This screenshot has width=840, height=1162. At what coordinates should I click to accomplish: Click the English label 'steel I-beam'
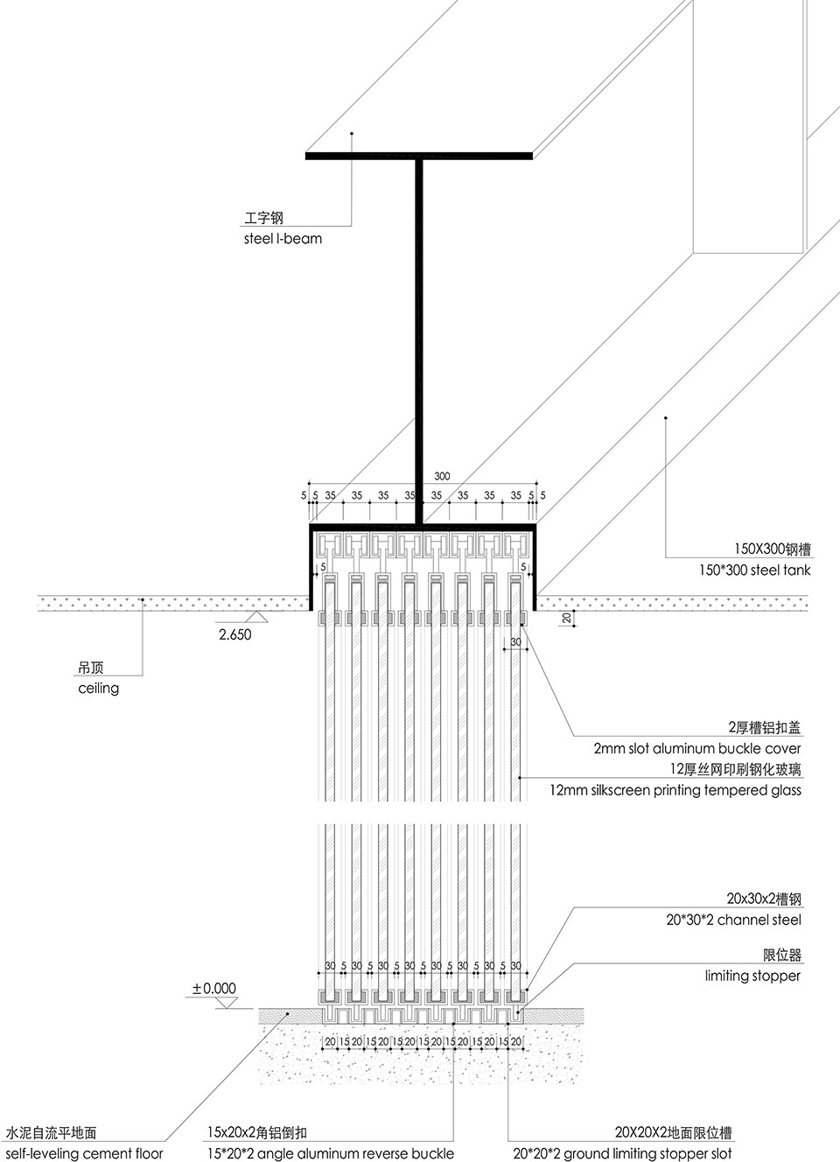click(283, 238)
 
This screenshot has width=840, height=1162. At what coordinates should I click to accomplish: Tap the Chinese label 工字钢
click(264, 218)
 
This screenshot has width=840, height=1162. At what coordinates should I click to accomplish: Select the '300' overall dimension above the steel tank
click(442, 476)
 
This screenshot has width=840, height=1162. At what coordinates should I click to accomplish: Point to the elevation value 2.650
click(234, 634)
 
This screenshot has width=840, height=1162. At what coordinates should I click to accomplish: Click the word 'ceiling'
click(98, 688)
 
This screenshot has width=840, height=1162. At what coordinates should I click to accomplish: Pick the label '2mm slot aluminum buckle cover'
click(696, 748)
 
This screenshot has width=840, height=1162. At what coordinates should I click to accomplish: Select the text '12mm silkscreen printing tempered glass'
click(675, 790)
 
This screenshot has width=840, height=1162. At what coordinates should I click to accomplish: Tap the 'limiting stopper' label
click(752, 976)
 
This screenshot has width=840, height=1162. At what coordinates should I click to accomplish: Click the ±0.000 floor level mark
click(214, 989)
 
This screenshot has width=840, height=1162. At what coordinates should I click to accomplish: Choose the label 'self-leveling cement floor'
click(84, 1153)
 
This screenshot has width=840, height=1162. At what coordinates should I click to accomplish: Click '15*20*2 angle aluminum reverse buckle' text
click(331, 1153)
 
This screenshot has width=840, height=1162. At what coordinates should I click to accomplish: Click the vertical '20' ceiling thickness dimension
click(567, 619)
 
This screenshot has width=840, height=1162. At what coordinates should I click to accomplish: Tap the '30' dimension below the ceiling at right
click(515, 642)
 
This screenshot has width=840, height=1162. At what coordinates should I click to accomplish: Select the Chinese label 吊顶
click(90, 668)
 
